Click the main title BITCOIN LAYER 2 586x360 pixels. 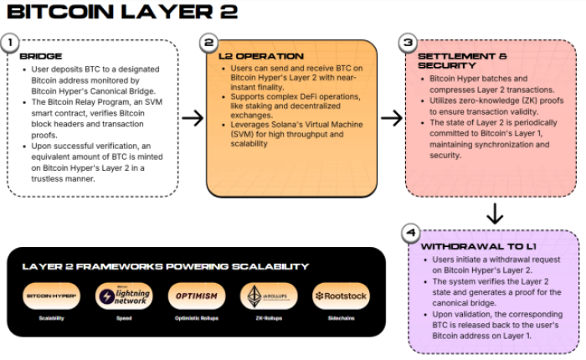pos(121,12)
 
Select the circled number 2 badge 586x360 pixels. pos(209,42)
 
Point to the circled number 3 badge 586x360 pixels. pos(409,42)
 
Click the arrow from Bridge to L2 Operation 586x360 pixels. pos(193,118)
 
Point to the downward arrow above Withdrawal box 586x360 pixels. pos(495,214)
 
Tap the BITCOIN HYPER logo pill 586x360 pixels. pos(52,296)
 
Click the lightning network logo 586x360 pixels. pos(124,296)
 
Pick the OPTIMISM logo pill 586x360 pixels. pos(197,296)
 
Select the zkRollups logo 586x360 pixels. pos(268,296)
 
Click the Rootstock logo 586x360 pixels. pos(341,296)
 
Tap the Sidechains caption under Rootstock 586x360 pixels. pos(341,320)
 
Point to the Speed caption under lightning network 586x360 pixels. pos(124,320)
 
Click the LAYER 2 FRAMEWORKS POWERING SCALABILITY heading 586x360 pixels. pos(165,266)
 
